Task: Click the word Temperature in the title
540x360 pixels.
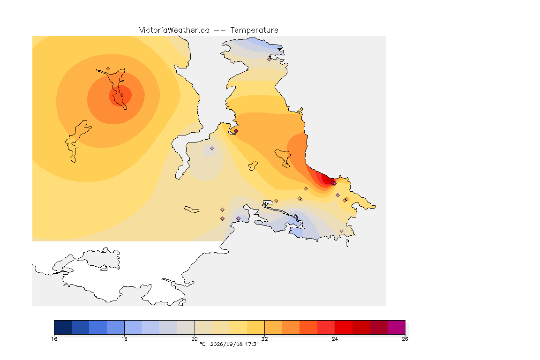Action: (254, 30)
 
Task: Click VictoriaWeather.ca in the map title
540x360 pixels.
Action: (174, 30)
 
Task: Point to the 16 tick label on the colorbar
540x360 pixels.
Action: (54, 339)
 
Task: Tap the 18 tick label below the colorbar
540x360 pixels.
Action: (124, 339)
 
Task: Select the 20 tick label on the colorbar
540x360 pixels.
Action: (195, 339)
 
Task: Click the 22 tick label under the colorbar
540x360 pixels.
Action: (264, 339)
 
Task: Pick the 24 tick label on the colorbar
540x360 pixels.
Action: (335, 339)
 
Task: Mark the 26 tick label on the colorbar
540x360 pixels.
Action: (405, 339)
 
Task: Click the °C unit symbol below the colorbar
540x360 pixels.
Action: (203, 344)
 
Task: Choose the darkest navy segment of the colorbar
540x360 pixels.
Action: (63, 327)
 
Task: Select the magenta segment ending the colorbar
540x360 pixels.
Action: (397, 327)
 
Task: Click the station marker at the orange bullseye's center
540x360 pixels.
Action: (122, 95)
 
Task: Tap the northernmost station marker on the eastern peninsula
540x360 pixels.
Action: (270, 59)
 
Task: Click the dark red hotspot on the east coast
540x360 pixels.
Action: (325, 179)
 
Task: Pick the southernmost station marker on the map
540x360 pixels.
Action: (341, 231)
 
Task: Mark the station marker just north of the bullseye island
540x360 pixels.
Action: (108, 69)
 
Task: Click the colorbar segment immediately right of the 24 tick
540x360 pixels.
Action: (344, 327)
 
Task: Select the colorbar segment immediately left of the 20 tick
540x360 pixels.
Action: (186, 327)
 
